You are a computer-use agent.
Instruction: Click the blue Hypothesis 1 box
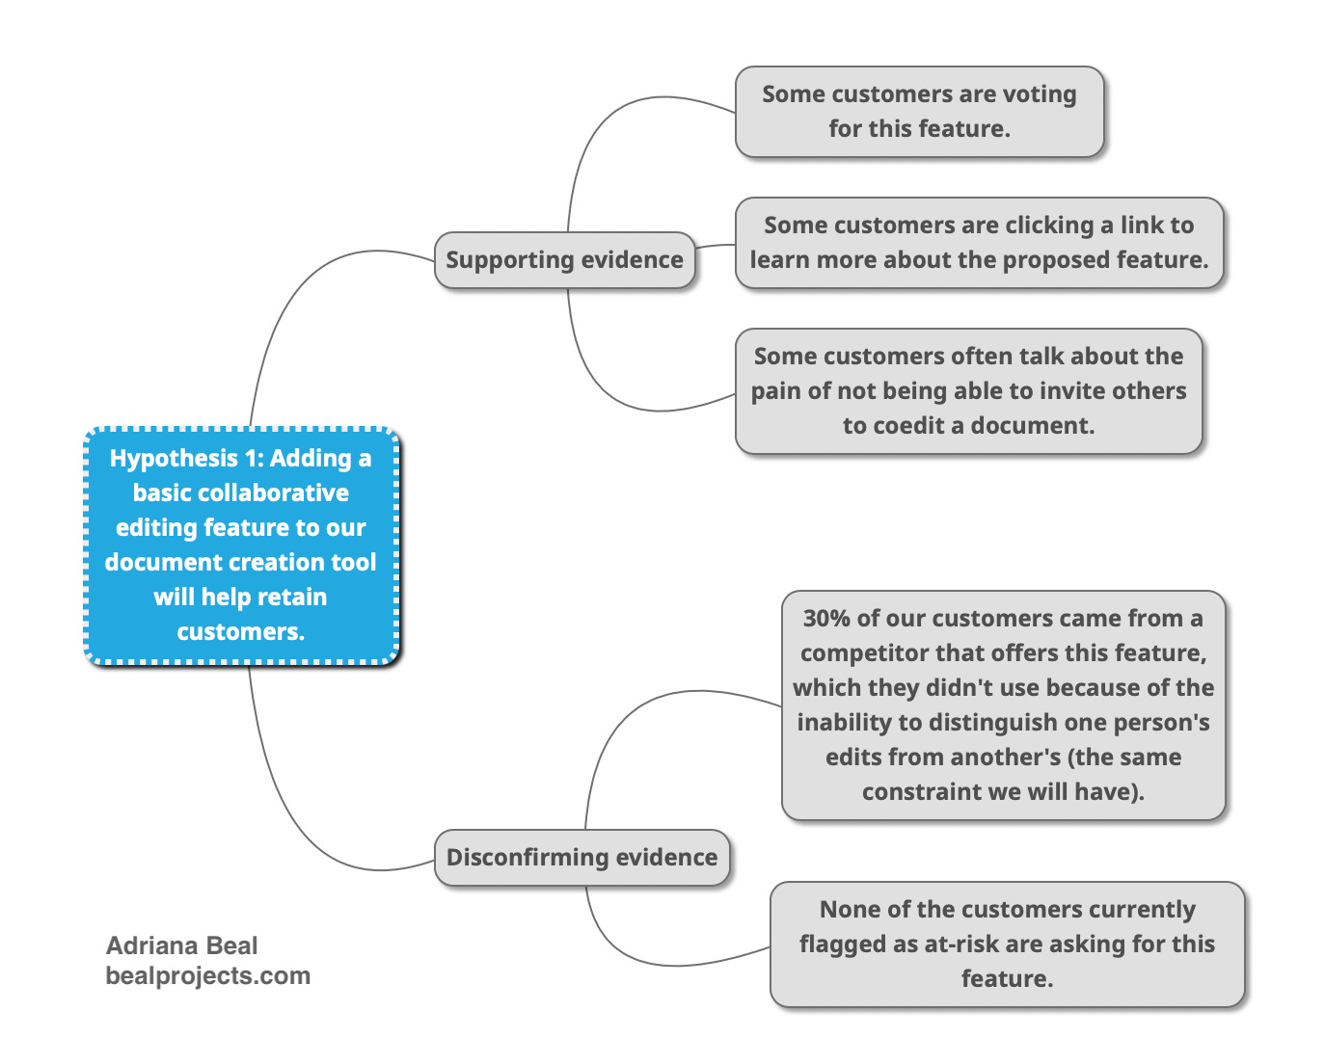[241, 545]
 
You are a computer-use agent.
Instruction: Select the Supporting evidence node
[564, 259]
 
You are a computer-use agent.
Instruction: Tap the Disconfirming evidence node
[581, 857]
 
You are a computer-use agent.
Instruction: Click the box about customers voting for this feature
[919, 112]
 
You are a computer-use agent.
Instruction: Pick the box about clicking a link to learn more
[979, 243]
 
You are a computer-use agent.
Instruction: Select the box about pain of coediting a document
[968, 390]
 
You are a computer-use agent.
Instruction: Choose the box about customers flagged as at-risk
[1008, 944]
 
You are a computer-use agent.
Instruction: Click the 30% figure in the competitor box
[826, 619]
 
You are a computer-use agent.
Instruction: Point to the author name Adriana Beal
[181, 945]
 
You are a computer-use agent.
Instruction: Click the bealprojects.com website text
[208, 976]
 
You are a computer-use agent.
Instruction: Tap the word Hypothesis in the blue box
[174, 459]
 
